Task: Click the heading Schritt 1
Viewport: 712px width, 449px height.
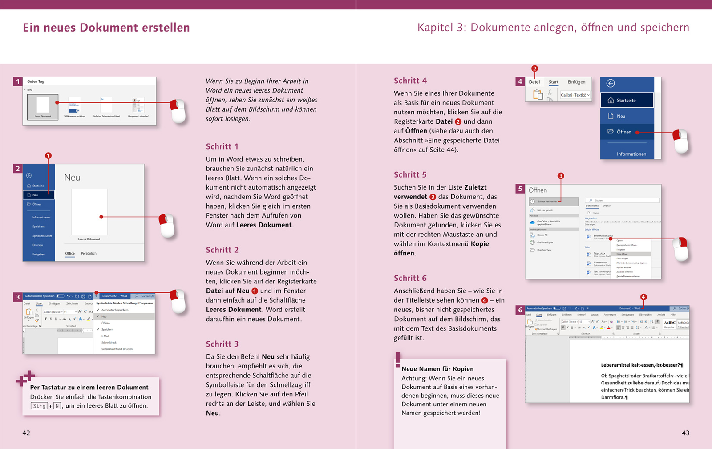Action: [x=222, y=146]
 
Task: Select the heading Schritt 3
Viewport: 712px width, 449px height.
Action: [x=222, y=344]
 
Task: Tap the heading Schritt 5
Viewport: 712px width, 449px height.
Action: [x=410, y=175]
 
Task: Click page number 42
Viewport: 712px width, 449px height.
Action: [x=26, y=433]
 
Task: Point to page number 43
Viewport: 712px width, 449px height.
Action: [x=685, y=433]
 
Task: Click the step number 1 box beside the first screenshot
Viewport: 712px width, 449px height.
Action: [x=18, y=81]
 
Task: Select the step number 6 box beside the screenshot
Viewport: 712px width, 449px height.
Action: [x=520, y=310]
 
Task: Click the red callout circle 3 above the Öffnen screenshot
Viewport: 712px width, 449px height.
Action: [x=561, y=176]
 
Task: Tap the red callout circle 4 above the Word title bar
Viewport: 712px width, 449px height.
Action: [x=643, y=297]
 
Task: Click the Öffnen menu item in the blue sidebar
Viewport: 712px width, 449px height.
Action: [x=623, y=132]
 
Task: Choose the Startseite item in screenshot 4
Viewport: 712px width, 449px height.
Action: [x=626, y=101]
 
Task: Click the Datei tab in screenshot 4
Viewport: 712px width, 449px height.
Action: [x=534, y=82]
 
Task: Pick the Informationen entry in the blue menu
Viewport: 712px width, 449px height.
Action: [x=631, y=154]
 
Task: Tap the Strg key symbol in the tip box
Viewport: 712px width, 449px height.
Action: [x=39, y=406]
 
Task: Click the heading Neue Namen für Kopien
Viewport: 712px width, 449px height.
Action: [x=437, y=369]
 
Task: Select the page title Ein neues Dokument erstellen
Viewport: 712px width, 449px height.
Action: [x=106, y=28]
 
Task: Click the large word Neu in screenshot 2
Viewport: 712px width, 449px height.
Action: [x=72, y=178]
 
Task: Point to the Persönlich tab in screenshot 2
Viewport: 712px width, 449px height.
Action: [x=89, y=254]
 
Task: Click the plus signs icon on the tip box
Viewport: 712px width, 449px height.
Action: [x=25, y=378]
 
